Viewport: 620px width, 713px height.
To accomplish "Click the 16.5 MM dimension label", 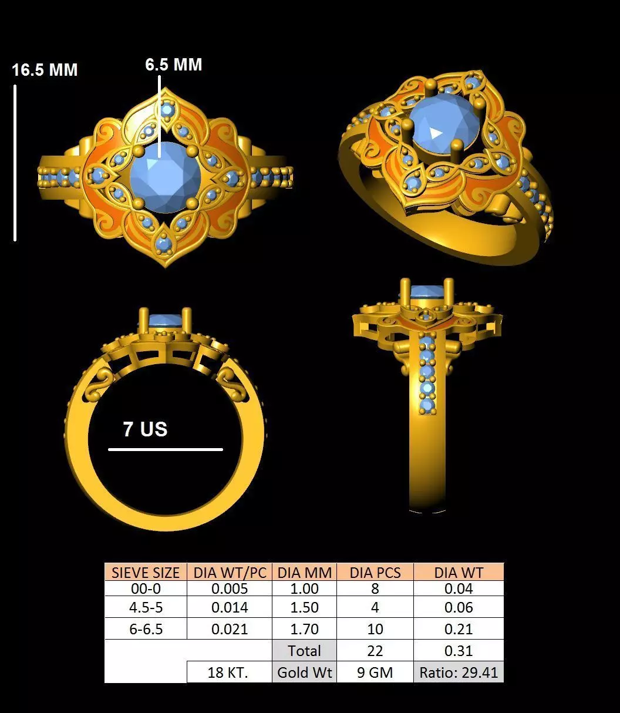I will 45,70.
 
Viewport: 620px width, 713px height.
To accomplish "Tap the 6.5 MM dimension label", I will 174,65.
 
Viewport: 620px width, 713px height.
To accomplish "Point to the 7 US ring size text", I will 145,429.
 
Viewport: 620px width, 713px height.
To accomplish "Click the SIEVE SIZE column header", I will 146,573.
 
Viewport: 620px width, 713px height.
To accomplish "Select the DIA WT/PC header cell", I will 230,573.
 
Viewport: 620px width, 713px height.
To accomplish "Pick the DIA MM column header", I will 305,573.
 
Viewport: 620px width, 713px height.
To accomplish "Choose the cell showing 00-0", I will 146,588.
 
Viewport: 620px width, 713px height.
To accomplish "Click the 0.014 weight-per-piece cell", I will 230,608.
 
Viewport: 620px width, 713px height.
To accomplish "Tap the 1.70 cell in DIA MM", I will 305,630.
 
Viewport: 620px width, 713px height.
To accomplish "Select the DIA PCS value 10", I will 375,630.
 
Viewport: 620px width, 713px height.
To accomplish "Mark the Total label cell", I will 305,651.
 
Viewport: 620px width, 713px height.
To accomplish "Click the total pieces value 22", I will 375,651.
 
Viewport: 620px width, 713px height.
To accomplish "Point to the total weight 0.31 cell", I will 459,651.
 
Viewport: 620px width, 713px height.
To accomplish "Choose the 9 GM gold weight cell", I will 375,672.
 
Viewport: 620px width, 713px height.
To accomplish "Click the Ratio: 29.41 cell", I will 459,672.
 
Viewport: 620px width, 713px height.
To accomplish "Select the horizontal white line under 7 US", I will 166,450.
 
